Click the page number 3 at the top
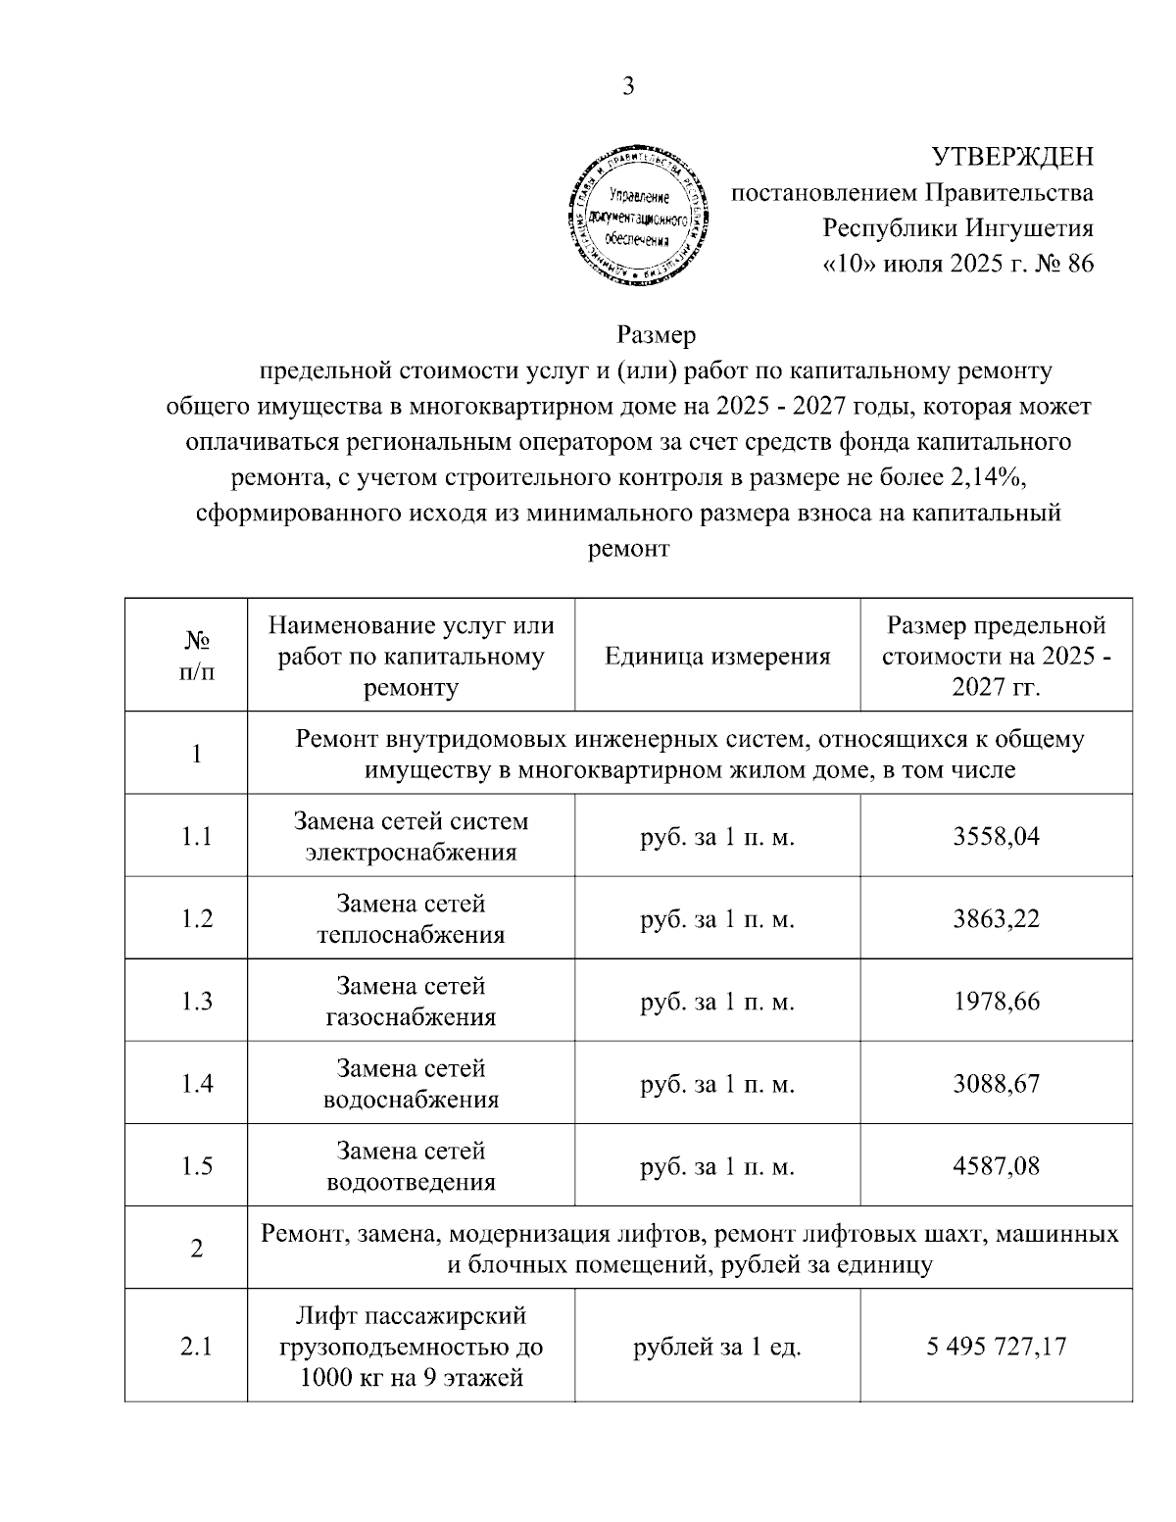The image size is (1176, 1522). coord(628,87)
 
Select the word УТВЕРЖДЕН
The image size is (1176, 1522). coord(1011,157)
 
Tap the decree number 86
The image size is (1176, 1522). coord(1076,265)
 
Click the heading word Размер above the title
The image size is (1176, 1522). coord(656,336)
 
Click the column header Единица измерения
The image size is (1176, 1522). coord(717,656)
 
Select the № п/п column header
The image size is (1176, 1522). coord(197,655)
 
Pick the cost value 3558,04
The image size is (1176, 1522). coord(996,836)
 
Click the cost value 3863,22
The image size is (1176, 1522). coord(996,918)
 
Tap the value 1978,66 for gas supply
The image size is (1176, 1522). coord(996,1002)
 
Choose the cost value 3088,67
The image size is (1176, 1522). coord(996,1084)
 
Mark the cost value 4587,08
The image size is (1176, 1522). coord(996,1166)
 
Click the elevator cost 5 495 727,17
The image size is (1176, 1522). coord(996,1347)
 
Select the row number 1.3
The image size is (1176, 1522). coord(197,1002)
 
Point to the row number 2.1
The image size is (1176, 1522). coord(197,1347)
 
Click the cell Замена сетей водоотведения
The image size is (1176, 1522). coord(411,1166)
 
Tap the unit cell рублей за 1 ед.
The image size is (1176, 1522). coord(717,1347)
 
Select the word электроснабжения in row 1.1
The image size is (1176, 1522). coord(411,852)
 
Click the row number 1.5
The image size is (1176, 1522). coord(197,1166)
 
